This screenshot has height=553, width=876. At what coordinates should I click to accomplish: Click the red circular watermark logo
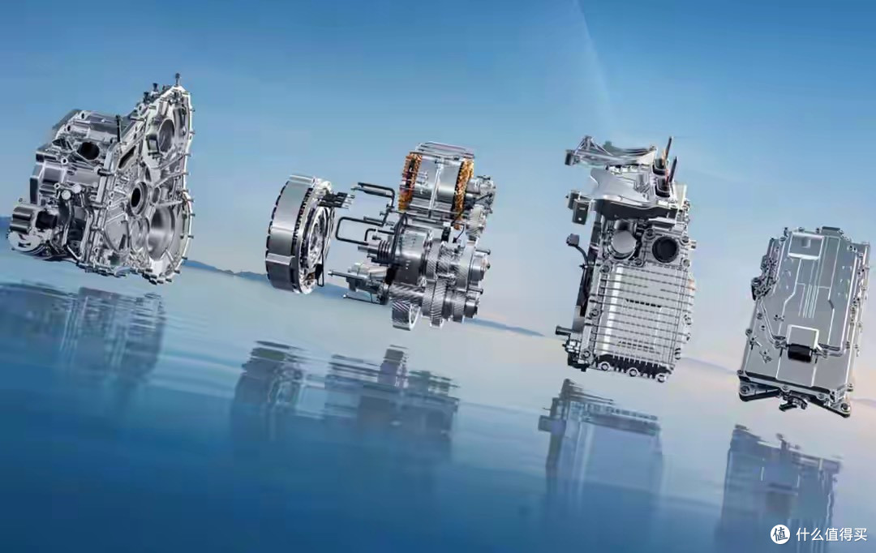[780, 534]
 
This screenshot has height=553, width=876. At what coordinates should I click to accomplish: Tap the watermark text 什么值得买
[831, 534]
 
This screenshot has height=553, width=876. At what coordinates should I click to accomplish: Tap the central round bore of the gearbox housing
[137, 199]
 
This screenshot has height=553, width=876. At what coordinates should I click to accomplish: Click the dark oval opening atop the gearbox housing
[88, 150]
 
